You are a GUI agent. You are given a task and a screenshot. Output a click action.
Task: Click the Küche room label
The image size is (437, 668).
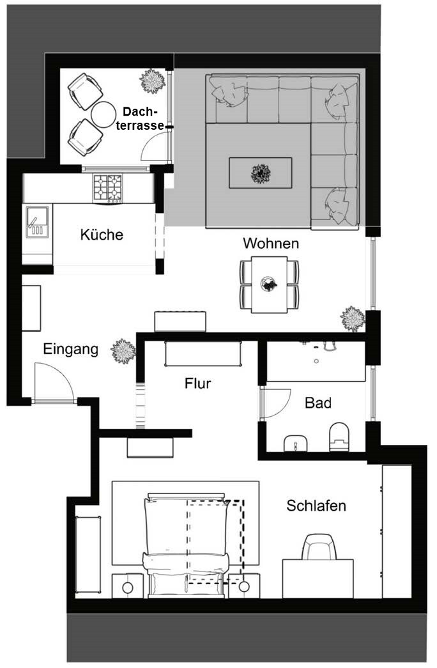[x=102, y=235]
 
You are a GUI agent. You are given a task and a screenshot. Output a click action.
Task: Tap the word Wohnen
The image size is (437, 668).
[x=271, y=244]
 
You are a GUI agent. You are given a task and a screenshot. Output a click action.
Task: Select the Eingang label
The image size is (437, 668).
[x=71, y=349]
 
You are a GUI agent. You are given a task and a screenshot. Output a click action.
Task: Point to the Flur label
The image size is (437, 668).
[x=197, y=384]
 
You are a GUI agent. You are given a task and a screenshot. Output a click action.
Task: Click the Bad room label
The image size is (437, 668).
[x=318, y=403]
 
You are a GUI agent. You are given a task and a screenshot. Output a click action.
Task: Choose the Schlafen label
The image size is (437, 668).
[x=316, y=506]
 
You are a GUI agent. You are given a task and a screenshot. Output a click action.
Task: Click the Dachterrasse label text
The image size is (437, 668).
[x=140, y=118]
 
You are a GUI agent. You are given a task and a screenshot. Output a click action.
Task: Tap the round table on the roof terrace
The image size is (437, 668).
[x=103, y=114]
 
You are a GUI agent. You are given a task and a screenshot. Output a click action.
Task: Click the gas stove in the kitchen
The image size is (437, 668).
[x=107, y=189]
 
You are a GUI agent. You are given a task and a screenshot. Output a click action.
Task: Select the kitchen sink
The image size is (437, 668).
[x=37, y=222]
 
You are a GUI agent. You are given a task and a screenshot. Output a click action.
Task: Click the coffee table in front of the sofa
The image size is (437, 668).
[x=260, y=173]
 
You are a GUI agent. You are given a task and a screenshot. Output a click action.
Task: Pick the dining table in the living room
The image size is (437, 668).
[x=269, y=284]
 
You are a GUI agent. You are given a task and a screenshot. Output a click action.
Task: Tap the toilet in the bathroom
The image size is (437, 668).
[x=339, y=437]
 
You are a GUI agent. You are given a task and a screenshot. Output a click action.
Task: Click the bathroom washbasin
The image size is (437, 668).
[x=295, y=444]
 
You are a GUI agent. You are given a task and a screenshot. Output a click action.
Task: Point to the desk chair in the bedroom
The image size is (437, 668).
[x=319, y=547]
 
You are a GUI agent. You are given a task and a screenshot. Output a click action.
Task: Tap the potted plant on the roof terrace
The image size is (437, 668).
[x=153, y=81]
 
